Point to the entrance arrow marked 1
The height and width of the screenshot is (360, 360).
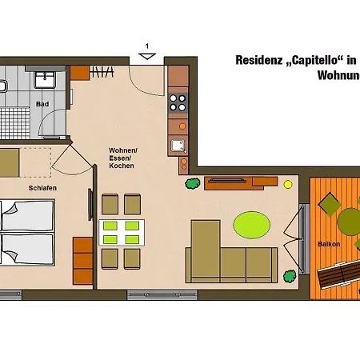pos(147,54)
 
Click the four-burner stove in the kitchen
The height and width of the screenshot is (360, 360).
pos(178,102)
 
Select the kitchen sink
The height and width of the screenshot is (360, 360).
pos(178,145)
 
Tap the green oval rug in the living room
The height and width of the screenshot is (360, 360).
pos(251,224)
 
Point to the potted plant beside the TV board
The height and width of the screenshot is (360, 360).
pos(192,184)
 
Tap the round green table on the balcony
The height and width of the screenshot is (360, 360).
pos(350,219)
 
